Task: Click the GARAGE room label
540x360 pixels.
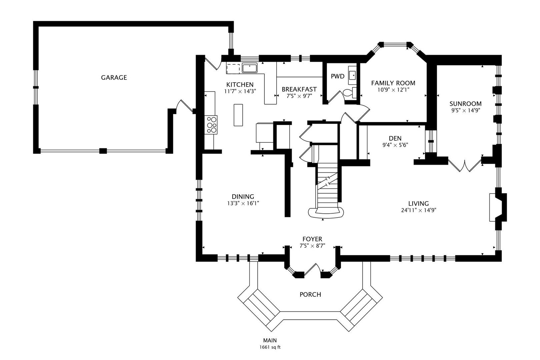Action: pos(114,78)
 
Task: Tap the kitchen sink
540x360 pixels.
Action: pos(249,68)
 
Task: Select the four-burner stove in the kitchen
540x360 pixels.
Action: pos(212,125)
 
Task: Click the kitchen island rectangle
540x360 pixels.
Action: pos(238,115)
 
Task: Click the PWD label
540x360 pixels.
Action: pos(337,76)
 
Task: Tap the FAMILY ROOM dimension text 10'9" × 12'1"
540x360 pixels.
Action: pos(393,90)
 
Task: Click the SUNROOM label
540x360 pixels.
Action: pos(465,104)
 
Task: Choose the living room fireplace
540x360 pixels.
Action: pos(497,207)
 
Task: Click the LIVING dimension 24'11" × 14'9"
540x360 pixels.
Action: pos(419,210)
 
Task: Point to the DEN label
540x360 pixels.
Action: pos(395,138)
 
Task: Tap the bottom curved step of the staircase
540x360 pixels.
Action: pos(326,213)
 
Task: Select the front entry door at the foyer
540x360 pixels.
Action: pos(312,269)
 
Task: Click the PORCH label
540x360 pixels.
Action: pos(310,295)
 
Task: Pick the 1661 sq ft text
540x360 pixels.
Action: pos(270,347)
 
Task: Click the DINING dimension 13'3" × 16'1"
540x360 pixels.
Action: pos(243,203)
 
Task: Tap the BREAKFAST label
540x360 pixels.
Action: pos(299,89)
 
